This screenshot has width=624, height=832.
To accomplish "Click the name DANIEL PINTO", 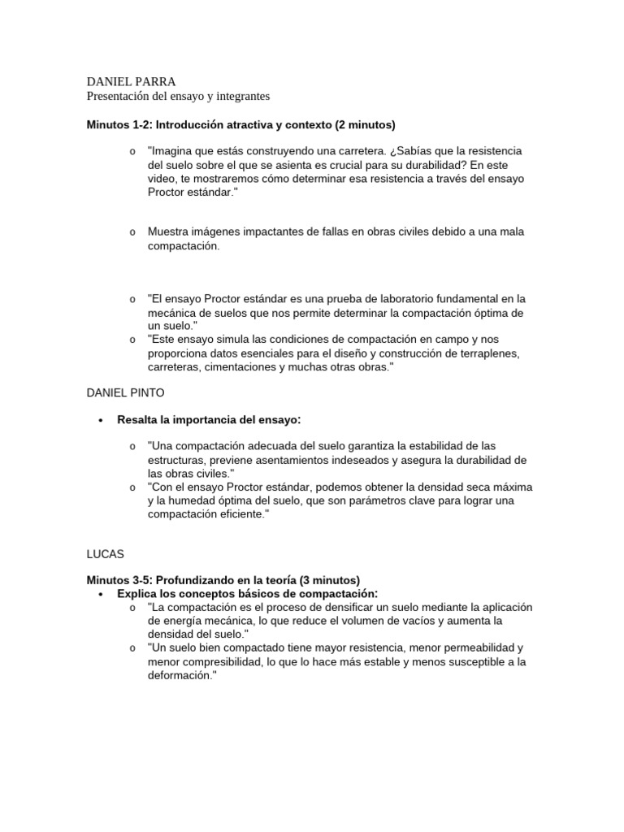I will pos(125,392).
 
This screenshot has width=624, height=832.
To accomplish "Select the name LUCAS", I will pos(106,553).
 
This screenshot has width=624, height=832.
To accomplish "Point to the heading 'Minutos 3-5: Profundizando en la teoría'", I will pos(223,580).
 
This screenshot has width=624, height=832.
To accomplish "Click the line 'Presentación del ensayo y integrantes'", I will pos(178,97).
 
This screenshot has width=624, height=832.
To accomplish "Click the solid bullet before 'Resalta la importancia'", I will pos(100,421).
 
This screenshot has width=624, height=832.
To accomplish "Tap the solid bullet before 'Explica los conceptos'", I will pos(100,595).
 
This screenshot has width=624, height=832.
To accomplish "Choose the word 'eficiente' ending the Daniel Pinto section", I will pos(237,514).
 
